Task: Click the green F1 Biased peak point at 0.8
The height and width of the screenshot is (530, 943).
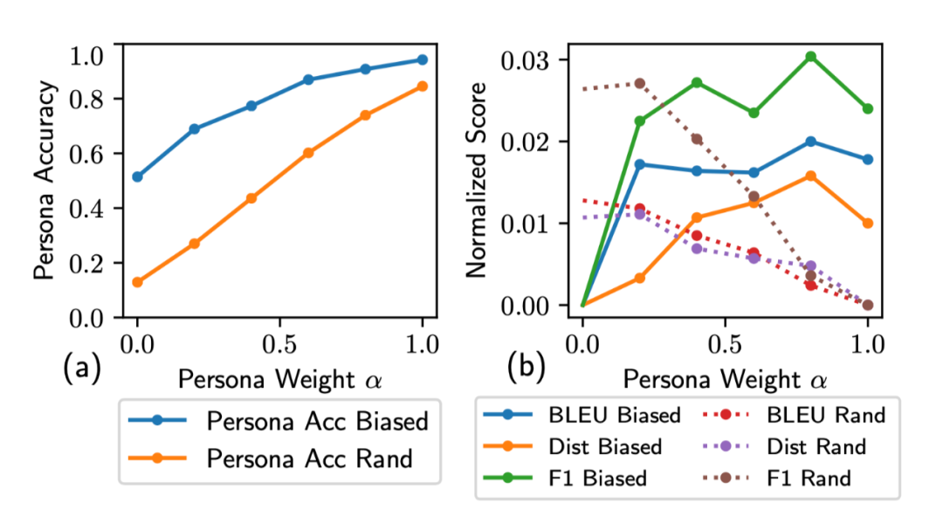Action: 810,56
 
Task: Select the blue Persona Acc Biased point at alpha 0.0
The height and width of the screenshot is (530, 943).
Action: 137,176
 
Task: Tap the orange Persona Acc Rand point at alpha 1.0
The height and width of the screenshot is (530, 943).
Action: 423,86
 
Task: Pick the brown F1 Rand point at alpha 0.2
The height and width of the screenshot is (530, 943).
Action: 639,83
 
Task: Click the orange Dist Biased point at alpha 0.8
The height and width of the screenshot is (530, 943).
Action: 810,176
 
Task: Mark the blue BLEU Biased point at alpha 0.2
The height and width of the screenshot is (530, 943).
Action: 639,164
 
